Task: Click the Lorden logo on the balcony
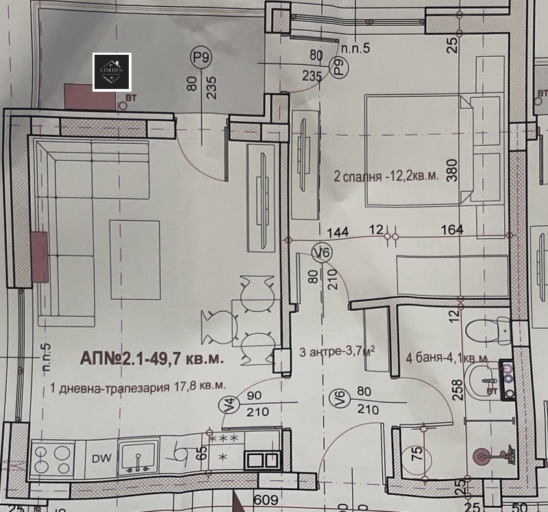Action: (x=112, y=72)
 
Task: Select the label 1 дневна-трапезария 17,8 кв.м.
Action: (x=138, y=387)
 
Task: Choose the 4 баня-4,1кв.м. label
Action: (x=447, y=357)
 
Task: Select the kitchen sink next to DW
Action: (x=138, y=457)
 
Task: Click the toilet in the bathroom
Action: (x=486, y=331)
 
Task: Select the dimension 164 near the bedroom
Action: (x=453, y=230)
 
